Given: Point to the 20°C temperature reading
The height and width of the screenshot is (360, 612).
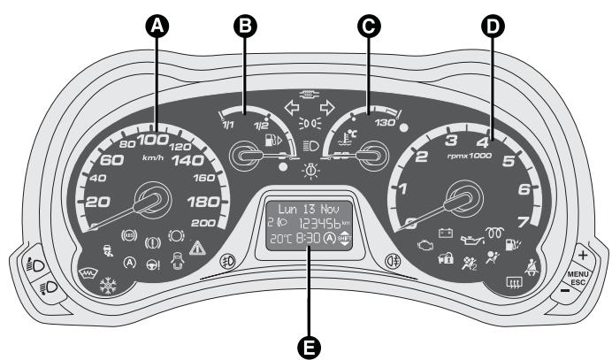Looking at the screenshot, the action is [x=281, y=239].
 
